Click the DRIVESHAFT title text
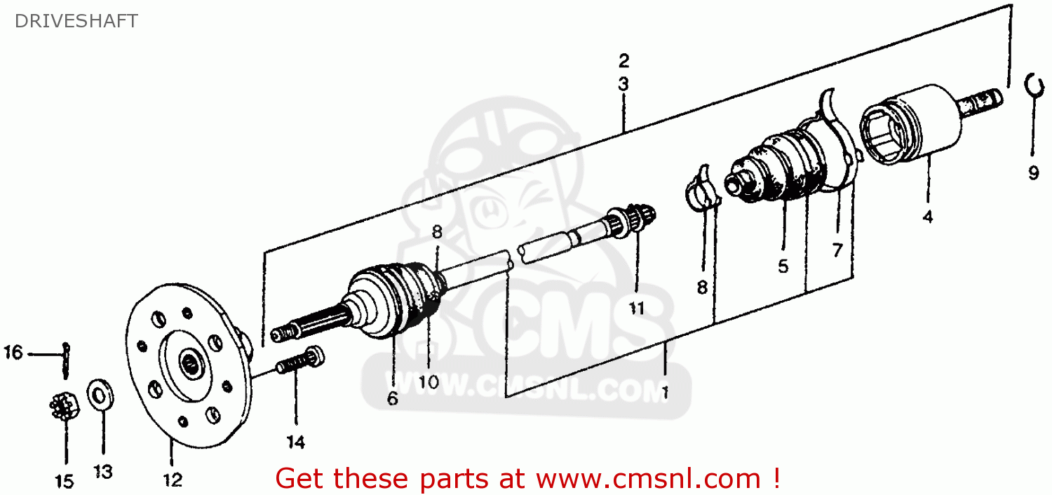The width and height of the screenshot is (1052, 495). pos(76,21)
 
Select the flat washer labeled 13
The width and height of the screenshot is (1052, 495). pos(100,395)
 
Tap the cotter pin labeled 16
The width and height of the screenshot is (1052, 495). pos(67,358)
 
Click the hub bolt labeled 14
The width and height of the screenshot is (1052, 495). pos(299,362)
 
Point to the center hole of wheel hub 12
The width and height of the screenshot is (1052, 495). pos(191,364)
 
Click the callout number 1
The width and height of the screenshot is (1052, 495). pos(663,393)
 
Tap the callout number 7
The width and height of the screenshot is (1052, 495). pos(837,249)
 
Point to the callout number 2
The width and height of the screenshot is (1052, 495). pos(623,60)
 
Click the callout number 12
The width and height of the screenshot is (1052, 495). pos(173,480)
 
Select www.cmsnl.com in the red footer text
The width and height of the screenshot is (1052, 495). pos(648,478)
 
